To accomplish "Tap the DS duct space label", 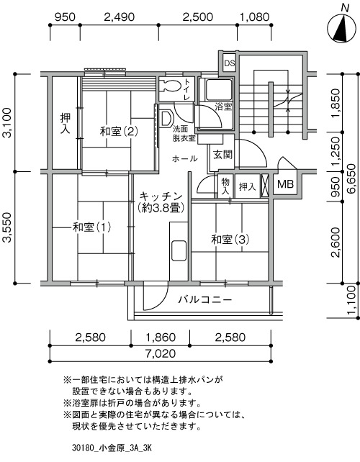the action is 230,63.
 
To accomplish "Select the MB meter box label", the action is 285,184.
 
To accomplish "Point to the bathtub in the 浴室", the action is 218,89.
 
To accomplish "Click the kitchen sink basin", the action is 179,250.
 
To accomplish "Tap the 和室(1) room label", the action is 91,227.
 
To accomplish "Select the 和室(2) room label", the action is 119,131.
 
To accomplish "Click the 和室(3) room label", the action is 230,240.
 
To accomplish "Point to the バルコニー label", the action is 205,299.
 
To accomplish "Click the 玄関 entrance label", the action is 223,155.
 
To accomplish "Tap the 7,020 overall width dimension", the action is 160,353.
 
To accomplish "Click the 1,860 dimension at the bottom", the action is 161,337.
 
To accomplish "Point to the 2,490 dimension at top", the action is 119,17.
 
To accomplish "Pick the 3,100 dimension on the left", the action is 7,122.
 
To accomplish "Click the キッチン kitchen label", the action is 161,196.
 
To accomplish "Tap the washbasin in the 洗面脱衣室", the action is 166,119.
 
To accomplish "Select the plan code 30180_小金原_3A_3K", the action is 112,448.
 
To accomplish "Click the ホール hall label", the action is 184,159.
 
